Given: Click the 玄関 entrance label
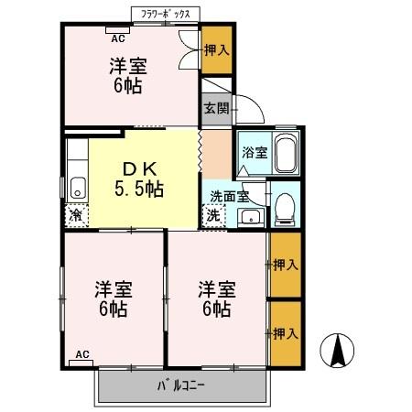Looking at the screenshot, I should click(216, 108).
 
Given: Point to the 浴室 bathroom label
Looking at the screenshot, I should click(254, 153).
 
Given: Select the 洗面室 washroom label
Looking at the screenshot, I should click(229, 195).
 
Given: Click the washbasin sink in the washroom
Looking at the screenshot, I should click(249, 217).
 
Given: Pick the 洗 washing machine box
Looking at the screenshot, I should click(212, 217).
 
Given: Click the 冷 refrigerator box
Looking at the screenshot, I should click(73, 216).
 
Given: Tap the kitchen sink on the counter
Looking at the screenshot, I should click(76, 187).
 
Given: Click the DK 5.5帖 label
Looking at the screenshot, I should click(138, 179).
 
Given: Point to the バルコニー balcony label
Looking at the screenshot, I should click(183, 385).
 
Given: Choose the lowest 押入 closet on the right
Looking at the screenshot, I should click(285, 333).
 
